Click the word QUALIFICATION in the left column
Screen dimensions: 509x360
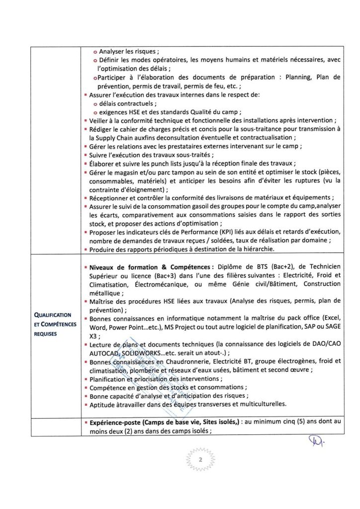(x=54, y=315)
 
